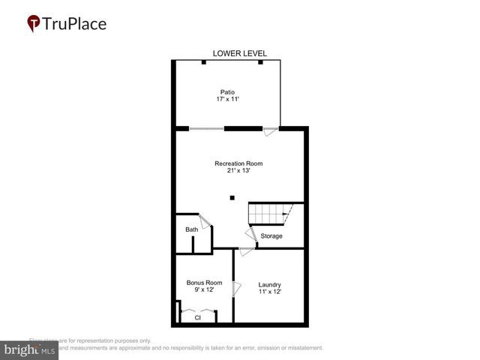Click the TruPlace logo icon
[x=33, y=23]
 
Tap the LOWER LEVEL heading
[x=239, y=53]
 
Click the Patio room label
[x=227, y=92]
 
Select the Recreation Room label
[x=238, y=163]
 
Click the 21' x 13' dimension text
[x=238, y=170]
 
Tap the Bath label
[x=192, y=229]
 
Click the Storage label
[x=271, y=236]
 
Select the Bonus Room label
[x=204, y=283]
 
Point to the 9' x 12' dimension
[x=203, y=290]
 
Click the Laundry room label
[x=269, y=284]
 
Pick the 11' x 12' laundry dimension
[x=269, y=292]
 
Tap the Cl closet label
[x=198, y=317]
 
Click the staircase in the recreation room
[x=268, y=214]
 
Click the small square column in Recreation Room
[x=232, y=197]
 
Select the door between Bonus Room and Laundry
[x=235, y=288]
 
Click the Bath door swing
[x=205, y=223]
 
